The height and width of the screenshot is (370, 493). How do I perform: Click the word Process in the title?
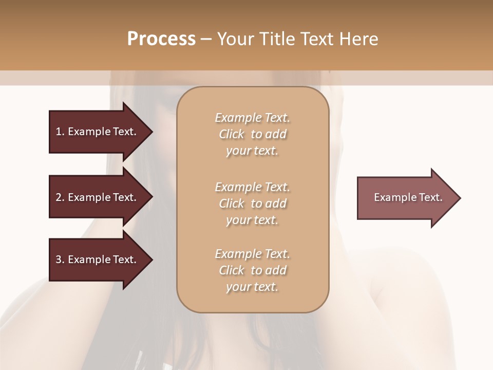[x=161, y=39]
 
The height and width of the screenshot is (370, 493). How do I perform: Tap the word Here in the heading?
[x=357, y=39]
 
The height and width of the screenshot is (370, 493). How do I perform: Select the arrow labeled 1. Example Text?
[x=98, y=132]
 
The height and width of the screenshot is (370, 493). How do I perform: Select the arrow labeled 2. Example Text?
[x=98, y=197]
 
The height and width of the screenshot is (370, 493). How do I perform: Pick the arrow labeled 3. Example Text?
[x=98, y=260]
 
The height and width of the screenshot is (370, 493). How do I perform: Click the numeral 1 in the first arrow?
[x=59, y=132]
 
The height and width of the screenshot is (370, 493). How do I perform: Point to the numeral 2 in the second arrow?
[x=59, y=197]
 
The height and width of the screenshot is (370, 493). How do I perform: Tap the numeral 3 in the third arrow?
[x=59, y=260]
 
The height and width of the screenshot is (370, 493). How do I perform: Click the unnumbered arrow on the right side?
[x=406, y=197]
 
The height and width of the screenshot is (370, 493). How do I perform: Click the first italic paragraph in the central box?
[x=252, y=134]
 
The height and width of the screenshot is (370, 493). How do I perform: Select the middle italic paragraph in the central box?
[x=252, y=203]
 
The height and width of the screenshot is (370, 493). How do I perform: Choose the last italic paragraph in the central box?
[x=252, y=270]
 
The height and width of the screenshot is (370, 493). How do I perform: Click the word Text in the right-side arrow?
[x=430, y=197]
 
